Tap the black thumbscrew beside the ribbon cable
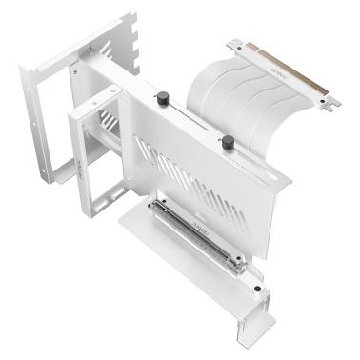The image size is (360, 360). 228,143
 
